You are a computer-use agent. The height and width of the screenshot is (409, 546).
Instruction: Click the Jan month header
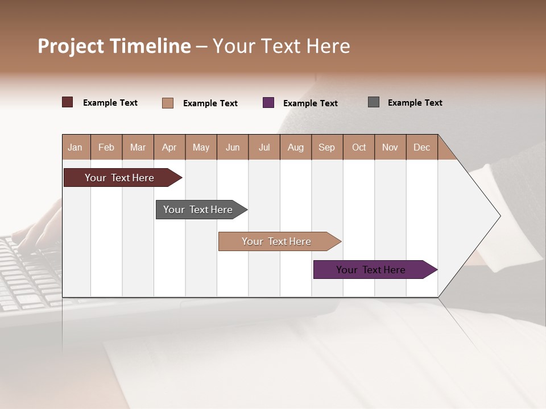tap(75, 147)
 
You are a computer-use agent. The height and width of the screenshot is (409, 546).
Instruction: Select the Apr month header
tap(169, 147)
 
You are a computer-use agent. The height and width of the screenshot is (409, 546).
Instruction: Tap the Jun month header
tap(233, 147)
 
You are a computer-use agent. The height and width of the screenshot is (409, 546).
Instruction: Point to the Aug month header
tap(295, 147)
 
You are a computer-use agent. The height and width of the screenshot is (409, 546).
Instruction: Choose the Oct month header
tap(359, 147)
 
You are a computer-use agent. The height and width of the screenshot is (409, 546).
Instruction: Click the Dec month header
tap(421, 147)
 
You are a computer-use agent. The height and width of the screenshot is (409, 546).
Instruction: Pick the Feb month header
tap(106, 147)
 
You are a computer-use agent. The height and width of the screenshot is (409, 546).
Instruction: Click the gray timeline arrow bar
tap(198, 210)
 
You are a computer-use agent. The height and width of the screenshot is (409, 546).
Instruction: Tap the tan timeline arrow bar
tap(277, 241)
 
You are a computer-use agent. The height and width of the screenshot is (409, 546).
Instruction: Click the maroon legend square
tap(68, 102)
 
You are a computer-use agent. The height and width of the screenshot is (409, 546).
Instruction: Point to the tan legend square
tap(168, 103)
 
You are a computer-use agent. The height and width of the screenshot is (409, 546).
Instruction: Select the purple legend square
tap(268, 103)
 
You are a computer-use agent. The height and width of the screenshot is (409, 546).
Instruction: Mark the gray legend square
tap(374, 102)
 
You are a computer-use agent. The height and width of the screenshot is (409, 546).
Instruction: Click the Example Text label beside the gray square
tap(415, 103)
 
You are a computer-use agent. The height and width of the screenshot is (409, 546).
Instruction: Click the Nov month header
tap(390, 147)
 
